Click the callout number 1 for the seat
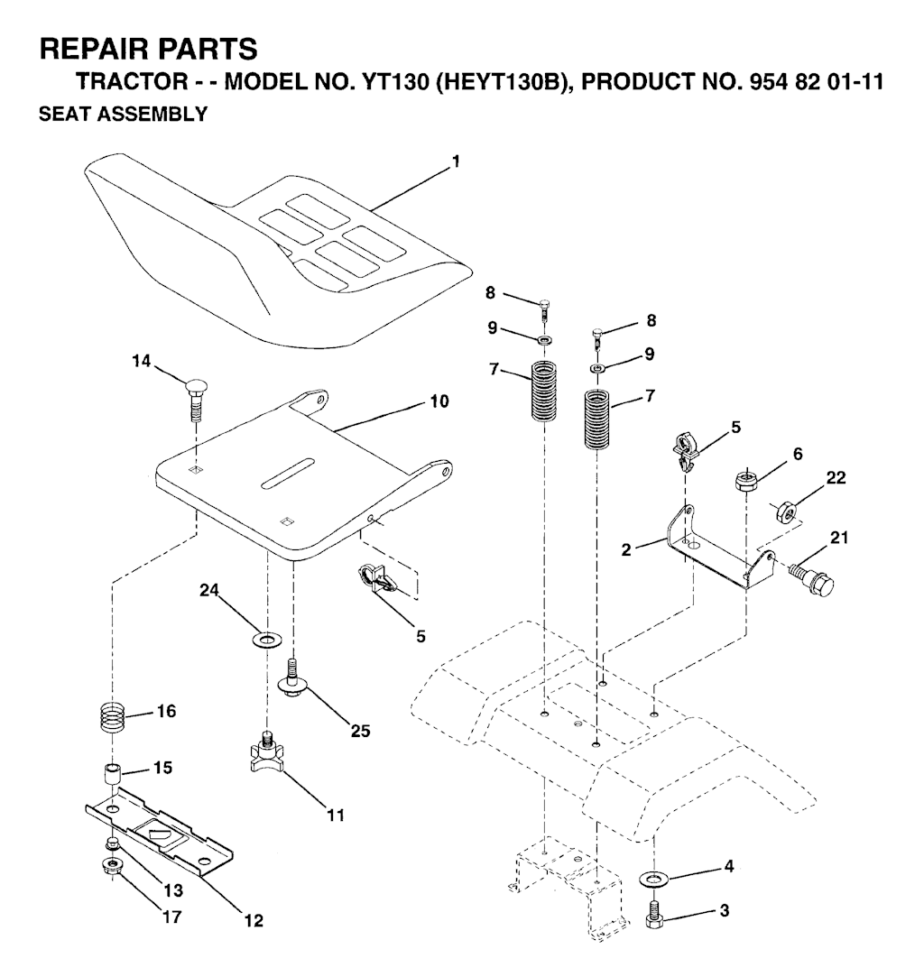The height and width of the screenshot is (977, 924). (457, 161)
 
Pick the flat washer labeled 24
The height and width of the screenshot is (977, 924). (267, 641)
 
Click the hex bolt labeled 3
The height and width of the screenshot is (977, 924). (654, 914)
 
